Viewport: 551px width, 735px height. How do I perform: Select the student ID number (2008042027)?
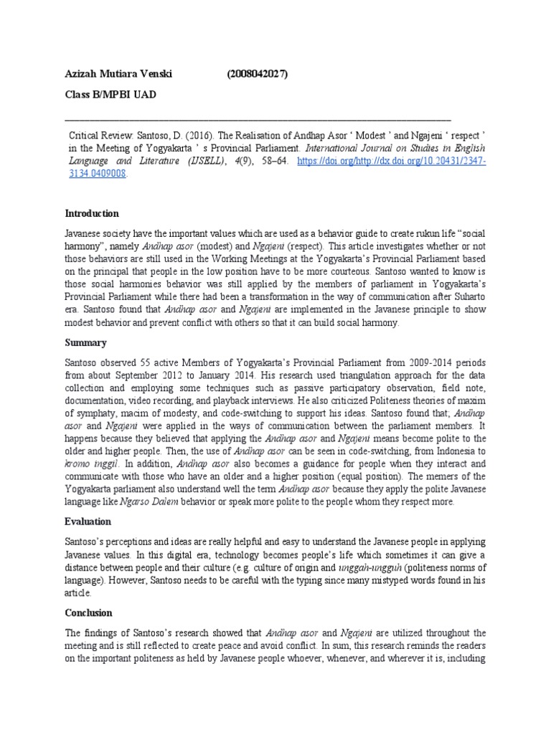pyautogui.click(x=260, y=73)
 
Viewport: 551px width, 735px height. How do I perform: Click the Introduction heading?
pyautogui.click(x=92, y=213)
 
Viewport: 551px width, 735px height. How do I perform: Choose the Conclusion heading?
pyautogui.click(x=89, y=613)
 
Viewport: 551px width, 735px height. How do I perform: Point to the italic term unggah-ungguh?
pyautogui.click(x=372, y=568)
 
